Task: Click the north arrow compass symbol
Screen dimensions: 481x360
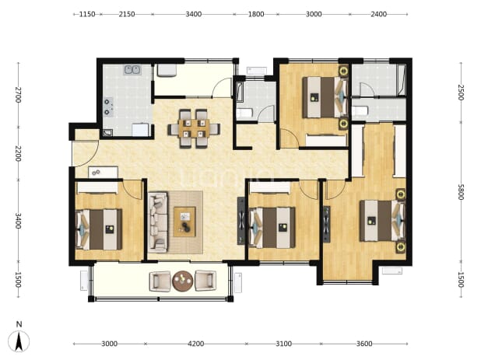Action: point(19,341)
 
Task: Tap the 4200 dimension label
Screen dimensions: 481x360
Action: point(195,344)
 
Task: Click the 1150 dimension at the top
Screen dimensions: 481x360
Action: point(87,14)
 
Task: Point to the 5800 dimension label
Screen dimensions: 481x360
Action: point(461,192)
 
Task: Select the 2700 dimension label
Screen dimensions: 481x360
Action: point(18,95)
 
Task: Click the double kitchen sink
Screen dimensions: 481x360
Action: point(132,70)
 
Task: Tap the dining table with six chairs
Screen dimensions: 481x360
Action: point(194,128)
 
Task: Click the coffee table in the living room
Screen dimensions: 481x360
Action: point(184,222)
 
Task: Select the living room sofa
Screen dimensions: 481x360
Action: point(158,222)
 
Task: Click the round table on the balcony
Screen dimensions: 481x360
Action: point(183,281)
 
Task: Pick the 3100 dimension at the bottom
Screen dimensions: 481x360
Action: point(283,344)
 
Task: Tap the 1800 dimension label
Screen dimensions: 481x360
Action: point(256,14)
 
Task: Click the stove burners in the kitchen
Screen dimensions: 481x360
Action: point(107,107)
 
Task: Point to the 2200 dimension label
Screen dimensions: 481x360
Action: point(18,153)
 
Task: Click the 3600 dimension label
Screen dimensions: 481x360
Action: point(364,344)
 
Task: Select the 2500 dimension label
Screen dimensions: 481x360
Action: point(461,93)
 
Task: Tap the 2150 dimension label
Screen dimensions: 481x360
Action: point(127,14)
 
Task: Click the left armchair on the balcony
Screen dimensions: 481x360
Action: point(160,281)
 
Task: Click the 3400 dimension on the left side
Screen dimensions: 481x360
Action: point(18,221)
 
